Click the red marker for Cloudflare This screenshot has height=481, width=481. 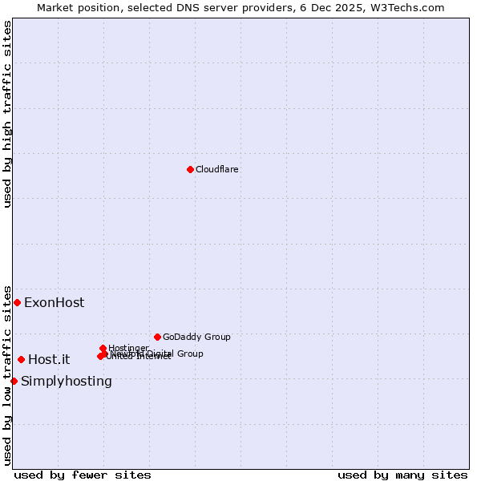click(x=190, y=169)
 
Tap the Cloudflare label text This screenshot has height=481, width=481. click(x=216, y=169)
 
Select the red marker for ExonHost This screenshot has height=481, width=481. click(x=17, y=302)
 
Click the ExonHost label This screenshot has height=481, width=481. click(x=54, y=302)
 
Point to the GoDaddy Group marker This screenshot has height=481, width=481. click(x=157, y=337)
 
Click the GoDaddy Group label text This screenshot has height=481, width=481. click(x=196, y=337)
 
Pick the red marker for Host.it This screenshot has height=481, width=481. click(x=21, y=359)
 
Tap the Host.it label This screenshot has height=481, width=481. click(x=49, y=359)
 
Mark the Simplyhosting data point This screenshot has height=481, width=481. click(x=14, y=381)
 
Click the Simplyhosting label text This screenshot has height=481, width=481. click(x=67, y=381)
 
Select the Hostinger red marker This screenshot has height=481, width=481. click(x=103, y=348)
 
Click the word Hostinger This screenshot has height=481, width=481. click(x=128, y=347)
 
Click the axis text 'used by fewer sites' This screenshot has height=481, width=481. click(x=83, y=475)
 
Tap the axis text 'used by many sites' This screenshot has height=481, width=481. click(x=402, y=475)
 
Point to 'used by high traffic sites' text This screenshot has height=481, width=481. click(x=7, y=114)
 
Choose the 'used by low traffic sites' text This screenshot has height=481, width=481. click(x=7, y=374)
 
